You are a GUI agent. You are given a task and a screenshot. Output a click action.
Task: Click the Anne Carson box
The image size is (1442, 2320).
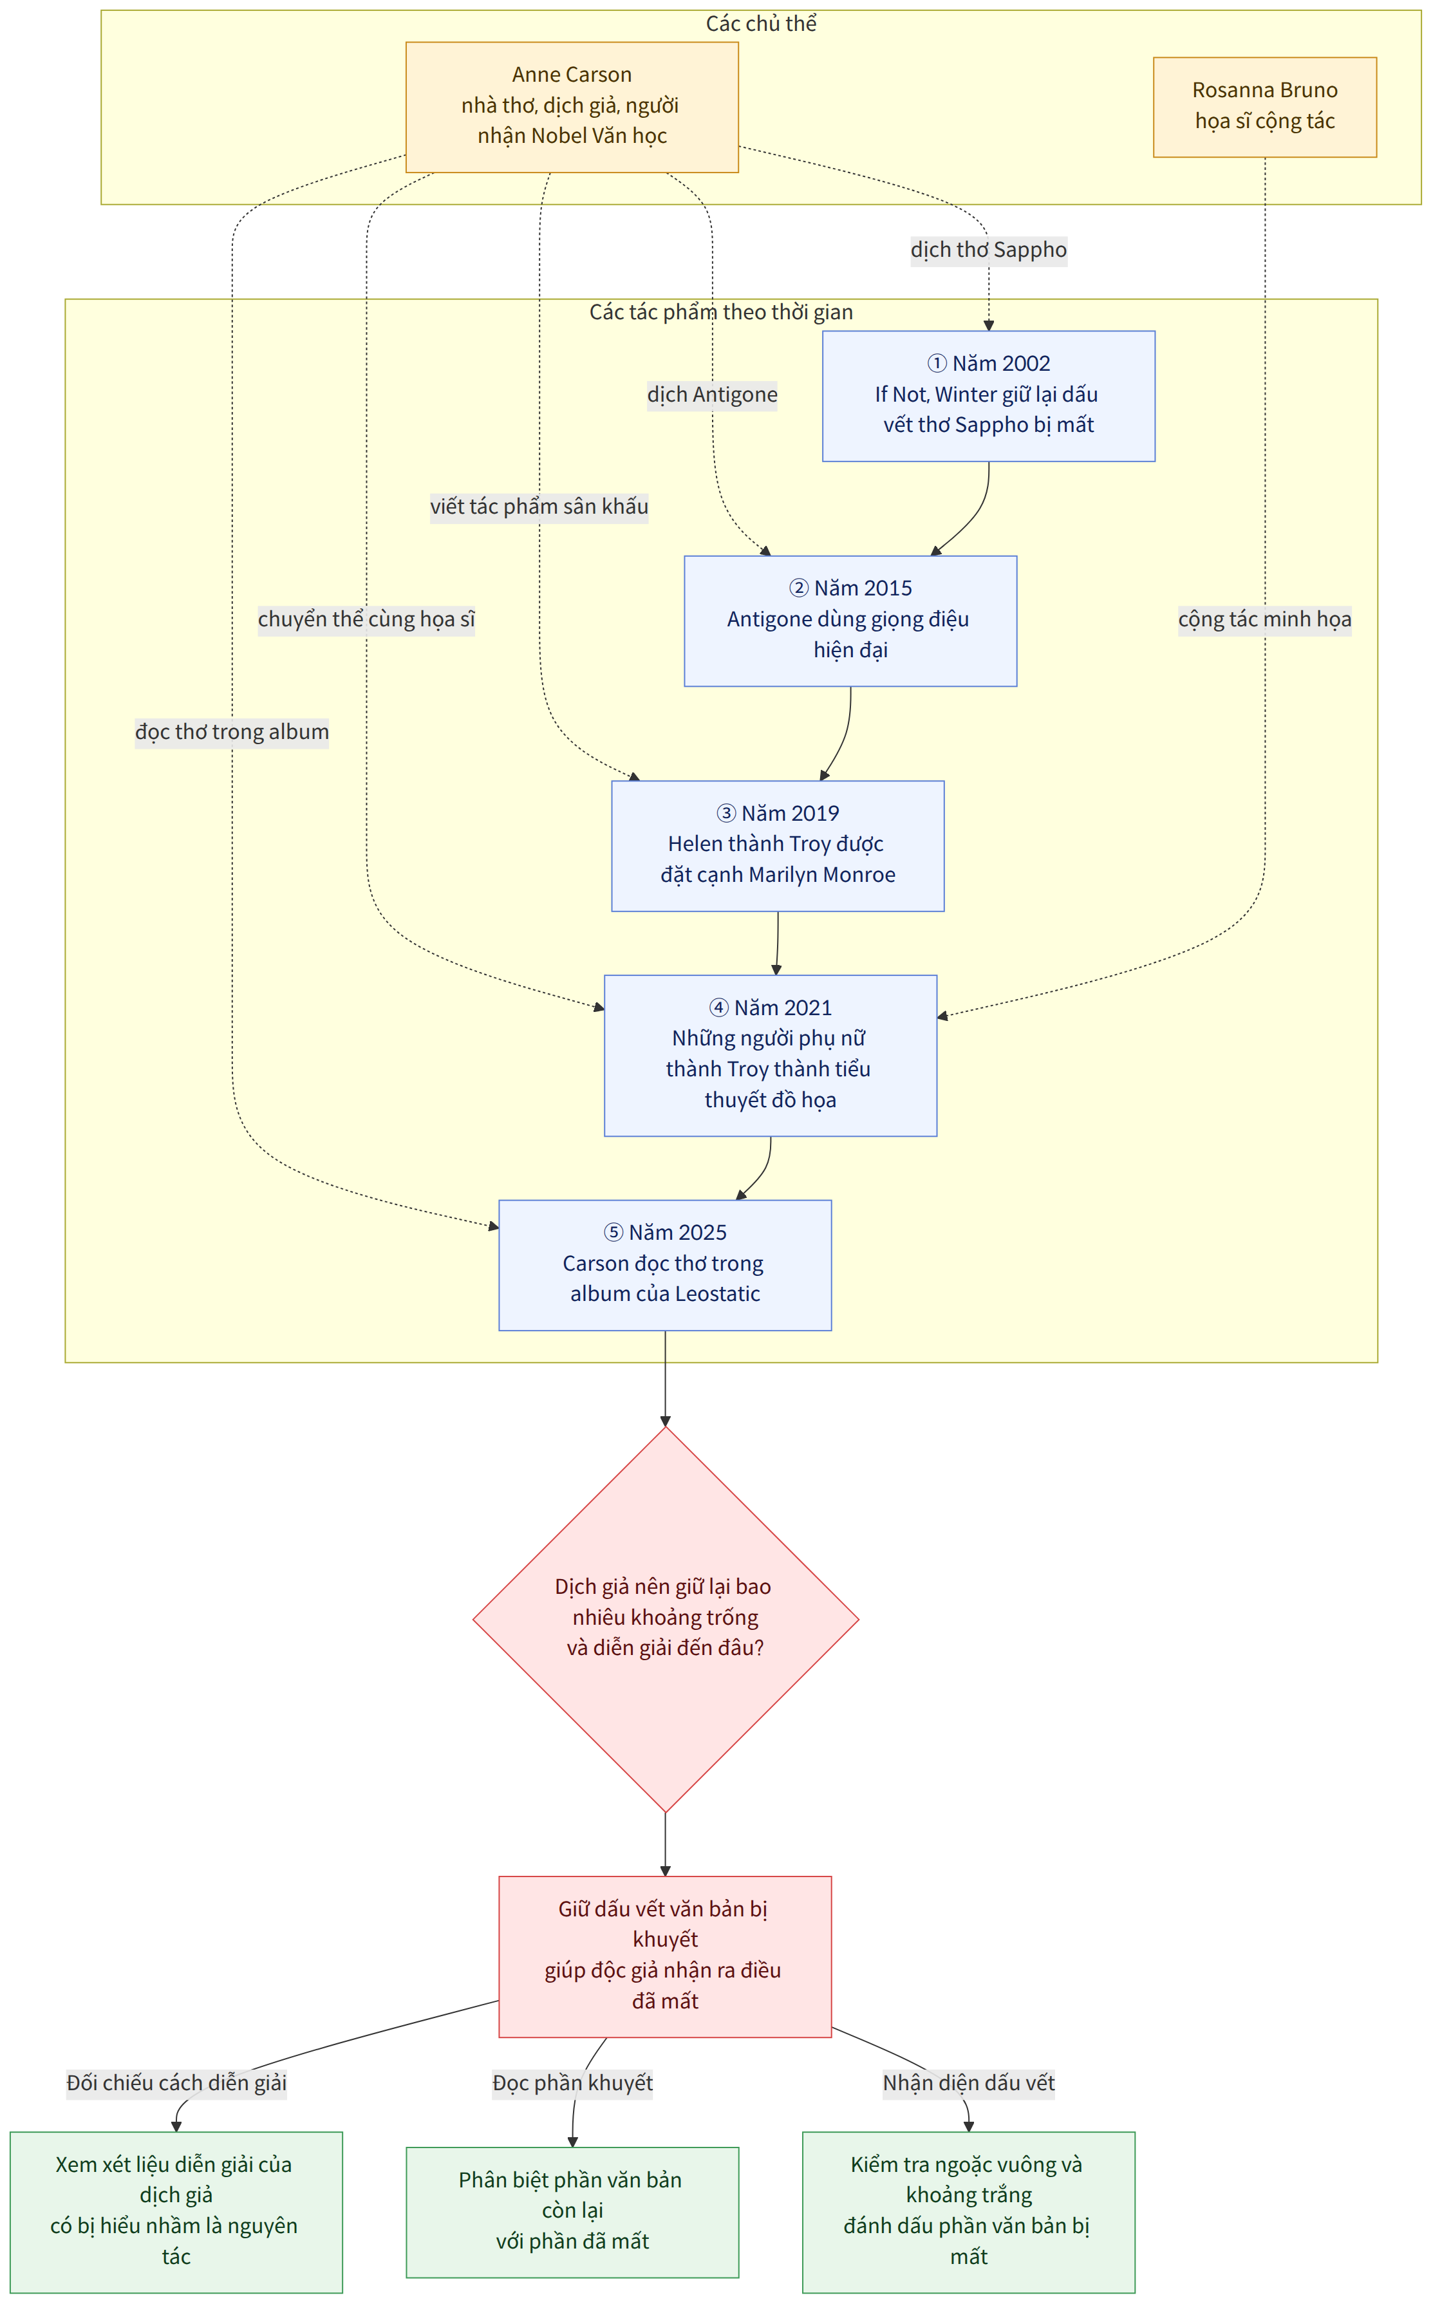coord(572,107)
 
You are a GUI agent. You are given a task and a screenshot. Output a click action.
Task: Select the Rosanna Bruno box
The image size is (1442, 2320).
coord(1264,107)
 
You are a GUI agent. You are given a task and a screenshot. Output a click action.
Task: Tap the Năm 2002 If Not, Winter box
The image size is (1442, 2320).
coord(989,396)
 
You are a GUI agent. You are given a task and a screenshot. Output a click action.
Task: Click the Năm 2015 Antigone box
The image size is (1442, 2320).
coord(850,621)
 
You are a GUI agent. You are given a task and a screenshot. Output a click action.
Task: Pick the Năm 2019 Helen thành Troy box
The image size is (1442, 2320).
coord(778,846)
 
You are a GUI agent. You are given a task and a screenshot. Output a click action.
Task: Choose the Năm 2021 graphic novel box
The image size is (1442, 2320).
coord(771,1056)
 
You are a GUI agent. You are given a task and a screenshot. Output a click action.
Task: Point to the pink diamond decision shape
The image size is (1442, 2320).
coord(666,1619)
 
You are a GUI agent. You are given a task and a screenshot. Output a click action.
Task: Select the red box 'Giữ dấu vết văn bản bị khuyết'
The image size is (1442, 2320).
coord(666,1957)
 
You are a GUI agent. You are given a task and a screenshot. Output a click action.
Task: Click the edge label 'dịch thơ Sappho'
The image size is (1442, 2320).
coord(989,250)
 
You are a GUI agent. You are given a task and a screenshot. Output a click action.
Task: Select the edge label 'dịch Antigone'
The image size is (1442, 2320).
coord(713,395)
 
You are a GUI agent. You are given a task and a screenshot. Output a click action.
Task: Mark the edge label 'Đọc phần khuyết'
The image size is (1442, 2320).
coord(572,2082)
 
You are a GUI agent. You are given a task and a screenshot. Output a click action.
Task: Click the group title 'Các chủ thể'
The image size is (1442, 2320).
coord(761,24)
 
